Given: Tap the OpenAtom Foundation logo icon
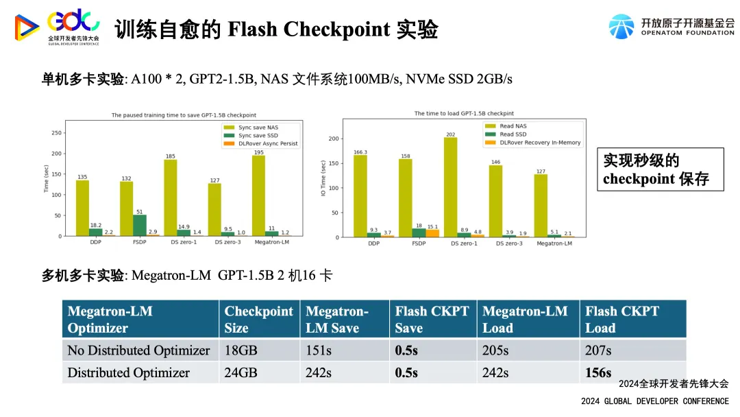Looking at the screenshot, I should click(x=621, y=27).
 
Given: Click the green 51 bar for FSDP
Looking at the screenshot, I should click(x=139, y=225).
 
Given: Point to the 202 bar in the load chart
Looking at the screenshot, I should click(x=450, y=187).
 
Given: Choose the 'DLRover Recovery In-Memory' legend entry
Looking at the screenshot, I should click(x=540, y=143).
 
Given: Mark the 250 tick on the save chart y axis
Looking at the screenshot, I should click(x=57, y=133).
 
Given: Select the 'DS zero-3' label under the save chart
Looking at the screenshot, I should click(x=214, y=243).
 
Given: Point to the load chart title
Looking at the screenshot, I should click(x=464, y=113).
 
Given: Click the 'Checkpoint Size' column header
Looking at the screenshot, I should click(x=258, y=320).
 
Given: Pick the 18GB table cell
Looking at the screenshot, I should click(x=241, y=350).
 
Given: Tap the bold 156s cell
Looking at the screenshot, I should click(x=598, y=372).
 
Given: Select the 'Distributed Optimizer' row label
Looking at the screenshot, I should click(x=128, y=372).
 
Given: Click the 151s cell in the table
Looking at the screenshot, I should click(x=319, y=350).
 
